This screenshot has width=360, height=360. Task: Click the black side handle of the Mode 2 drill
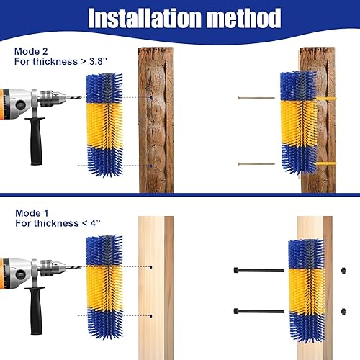click(33, 137)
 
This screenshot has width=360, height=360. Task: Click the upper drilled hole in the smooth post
click(153, 267)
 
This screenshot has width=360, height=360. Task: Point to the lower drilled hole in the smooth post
click(153, 315)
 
